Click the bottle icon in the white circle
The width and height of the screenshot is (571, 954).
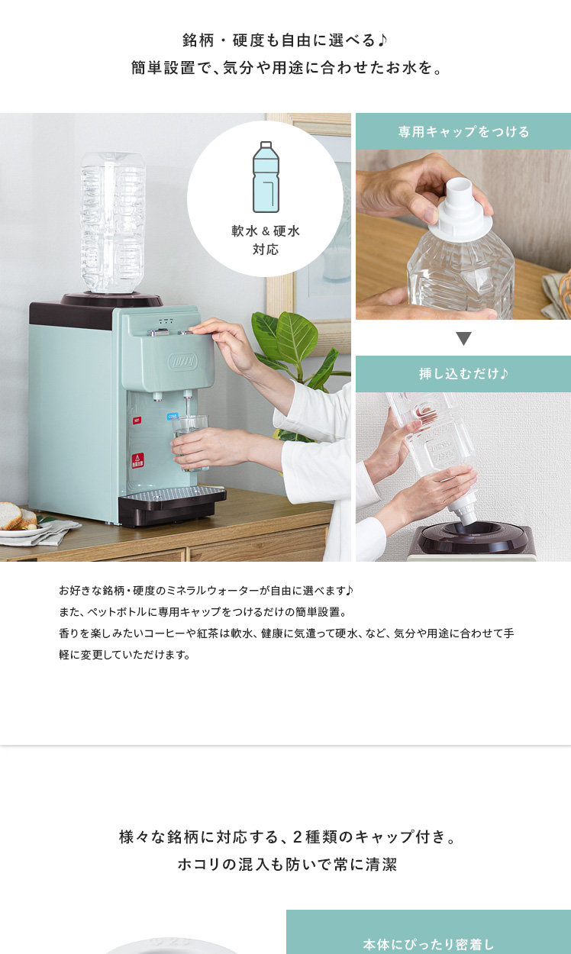click(266, 177)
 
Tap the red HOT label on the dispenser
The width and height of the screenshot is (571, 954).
click(137, 421)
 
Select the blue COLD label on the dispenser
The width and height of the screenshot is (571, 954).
click(173, 416)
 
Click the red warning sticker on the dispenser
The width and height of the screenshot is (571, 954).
click(137, 460)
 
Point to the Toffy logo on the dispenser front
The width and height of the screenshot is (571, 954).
click(183, 362)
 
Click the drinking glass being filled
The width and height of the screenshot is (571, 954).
click(190, 443)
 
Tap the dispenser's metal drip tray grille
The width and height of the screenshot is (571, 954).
click(173, 494)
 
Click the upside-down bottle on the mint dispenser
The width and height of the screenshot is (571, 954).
click(112, 222)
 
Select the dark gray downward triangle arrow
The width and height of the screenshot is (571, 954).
click(463, 338)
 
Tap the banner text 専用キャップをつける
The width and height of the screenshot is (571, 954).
click(463, 131)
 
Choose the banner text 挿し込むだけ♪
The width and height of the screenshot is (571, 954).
click(463, 373)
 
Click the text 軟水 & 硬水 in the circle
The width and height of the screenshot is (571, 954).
click(266, 230)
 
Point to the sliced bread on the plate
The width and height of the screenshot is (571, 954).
click(17, 516)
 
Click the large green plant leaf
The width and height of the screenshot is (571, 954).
click(297, 337)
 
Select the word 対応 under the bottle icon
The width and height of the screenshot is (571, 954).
click(266, 249)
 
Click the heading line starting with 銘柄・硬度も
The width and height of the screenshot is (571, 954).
click(285, 40)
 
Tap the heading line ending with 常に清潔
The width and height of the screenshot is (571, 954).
click(287, 864)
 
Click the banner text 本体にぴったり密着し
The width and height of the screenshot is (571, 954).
click(428, 945)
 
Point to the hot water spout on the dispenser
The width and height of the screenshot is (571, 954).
click(158, 397)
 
